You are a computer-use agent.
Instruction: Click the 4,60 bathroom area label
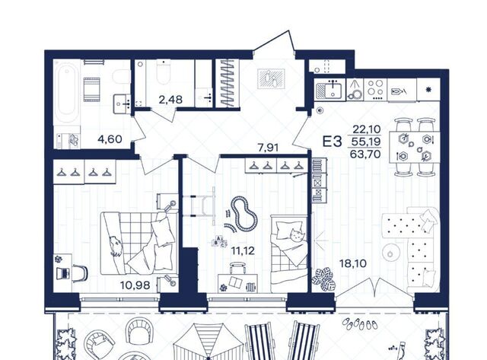[110, 139]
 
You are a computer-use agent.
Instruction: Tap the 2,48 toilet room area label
[170, 100]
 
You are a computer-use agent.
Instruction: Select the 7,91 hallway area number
[268, 147]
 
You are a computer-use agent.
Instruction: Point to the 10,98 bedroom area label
[135, 285]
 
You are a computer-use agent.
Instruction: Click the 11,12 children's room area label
[243, 250]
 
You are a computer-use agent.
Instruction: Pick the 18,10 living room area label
[353, 263]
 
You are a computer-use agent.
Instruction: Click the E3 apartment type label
[332, 142]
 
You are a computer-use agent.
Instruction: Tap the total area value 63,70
[365, 154]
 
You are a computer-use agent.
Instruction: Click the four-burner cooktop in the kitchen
[375, 89]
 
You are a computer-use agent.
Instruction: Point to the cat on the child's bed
[297, 235]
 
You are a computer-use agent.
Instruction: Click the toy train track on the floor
[244, 214]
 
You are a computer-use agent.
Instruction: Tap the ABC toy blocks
[219, 242]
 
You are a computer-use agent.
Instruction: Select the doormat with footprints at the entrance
[271, 79]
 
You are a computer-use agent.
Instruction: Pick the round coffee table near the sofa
[391, 253]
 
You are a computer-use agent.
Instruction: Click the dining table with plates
[414, 147]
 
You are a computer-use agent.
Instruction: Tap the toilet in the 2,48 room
[164, 73]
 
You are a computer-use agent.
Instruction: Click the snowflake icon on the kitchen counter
[428, 90]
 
